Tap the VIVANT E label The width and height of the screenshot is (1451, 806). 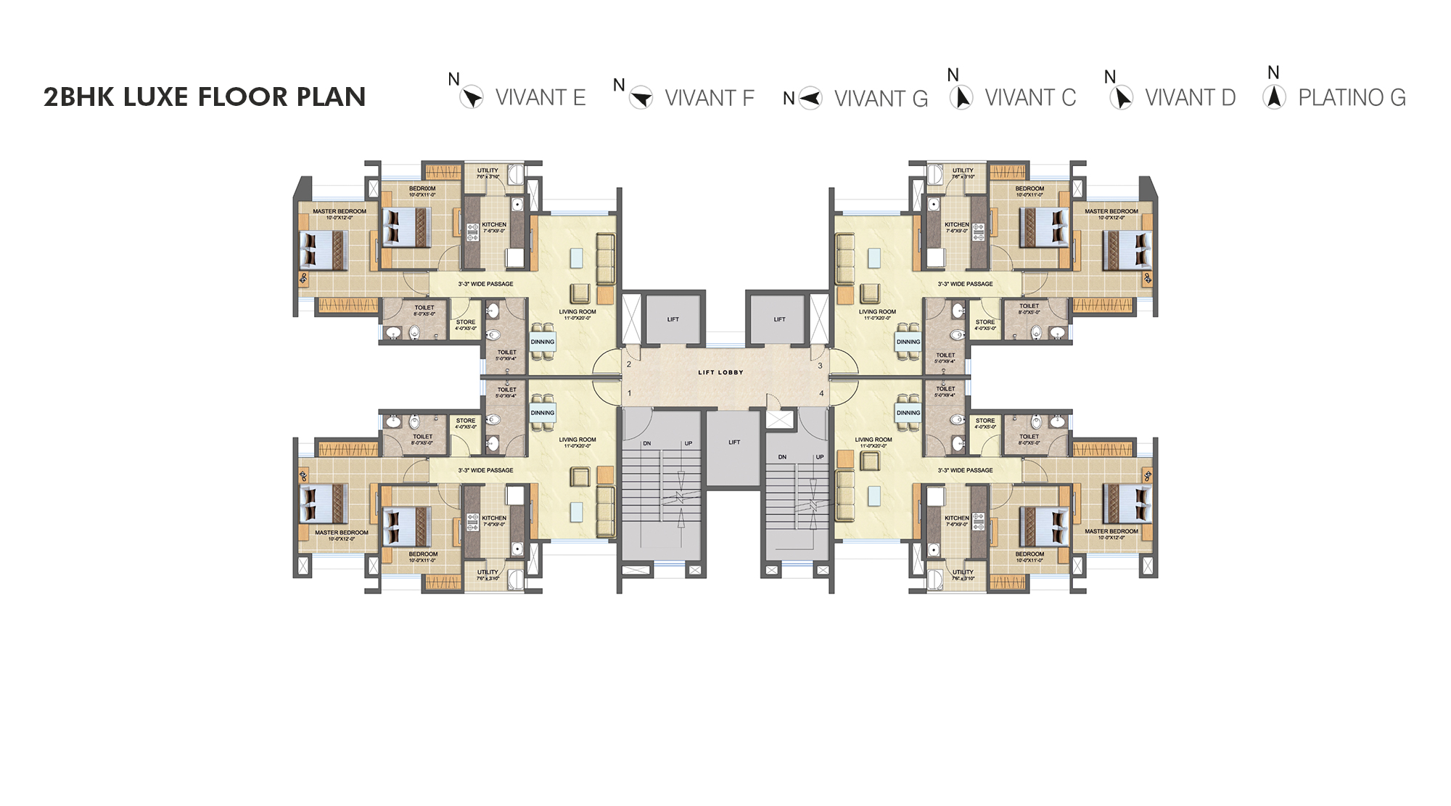click(x=540, y=98)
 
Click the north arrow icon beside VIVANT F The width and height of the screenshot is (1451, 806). click(x=641, y=97)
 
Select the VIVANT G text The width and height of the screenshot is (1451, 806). click(x=881, y=99)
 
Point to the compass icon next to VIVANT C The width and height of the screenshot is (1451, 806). click(x=961, y=97)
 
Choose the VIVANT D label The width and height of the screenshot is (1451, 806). click(x=1190, y=98)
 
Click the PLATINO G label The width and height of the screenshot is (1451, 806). click(x=1352, y=98)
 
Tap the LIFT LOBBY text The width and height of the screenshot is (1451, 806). click(x=720, y=372)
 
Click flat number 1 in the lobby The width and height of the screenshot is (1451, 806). click(x=629, y=393)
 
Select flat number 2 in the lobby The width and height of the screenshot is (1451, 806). click(x=629, y=364)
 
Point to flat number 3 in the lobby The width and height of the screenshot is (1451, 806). click(x=821, y=366)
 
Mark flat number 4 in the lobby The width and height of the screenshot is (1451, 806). click(x=821, y=393)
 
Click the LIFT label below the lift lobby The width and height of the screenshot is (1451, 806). click(x=734, y=442)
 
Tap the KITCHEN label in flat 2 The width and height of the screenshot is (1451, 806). click(x=494, y=225)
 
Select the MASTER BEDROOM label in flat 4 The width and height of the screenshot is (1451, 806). click(x=1111, y=532)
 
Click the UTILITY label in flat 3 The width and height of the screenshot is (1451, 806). click(x=963, y=171)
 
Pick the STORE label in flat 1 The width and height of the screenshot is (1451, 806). click(x=466, y=421)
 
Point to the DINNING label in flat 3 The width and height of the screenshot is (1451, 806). click(x=908, y=342)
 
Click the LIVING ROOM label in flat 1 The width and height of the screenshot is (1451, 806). click(x=577, y=440)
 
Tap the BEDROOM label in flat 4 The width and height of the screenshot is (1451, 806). click(x=1029, y=554)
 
